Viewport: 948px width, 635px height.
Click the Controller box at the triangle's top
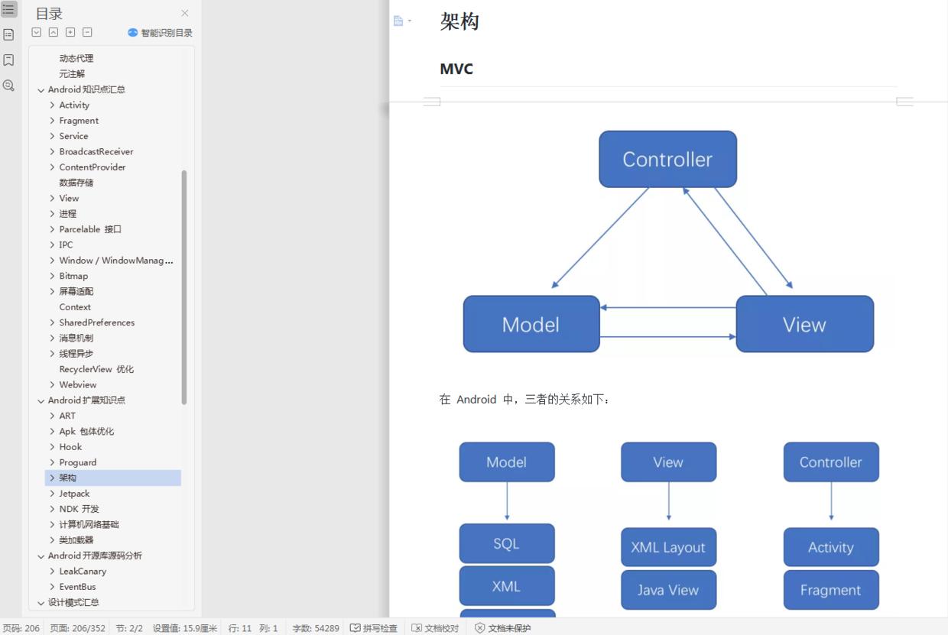click(667, 159)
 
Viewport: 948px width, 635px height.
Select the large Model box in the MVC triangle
click(531, 324)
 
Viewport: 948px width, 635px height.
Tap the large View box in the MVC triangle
click(804, 324)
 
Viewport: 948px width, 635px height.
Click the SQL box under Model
click(506, 543)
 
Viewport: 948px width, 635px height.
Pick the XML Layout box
click(668, 547)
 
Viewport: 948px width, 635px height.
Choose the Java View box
click(668, 590)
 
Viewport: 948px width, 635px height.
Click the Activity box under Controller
click(830, 547)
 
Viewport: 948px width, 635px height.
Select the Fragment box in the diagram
click(830, 590)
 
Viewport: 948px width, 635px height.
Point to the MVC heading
click(456, 69)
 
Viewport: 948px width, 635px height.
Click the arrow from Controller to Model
click(600, 238)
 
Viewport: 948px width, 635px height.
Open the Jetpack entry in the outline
click(74, 494)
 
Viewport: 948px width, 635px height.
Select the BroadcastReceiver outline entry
click(96, 151)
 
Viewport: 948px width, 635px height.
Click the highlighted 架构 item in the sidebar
click(68, 478)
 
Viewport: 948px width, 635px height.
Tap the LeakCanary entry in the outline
click(83, 571)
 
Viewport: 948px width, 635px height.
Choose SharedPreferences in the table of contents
click(97, 322)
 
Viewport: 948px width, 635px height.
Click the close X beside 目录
click(184, 13)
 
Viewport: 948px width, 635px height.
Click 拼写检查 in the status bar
click(374, 628)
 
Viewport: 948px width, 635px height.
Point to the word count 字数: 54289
click(316, 628)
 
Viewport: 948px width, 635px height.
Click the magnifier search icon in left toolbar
click(8, 86)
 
